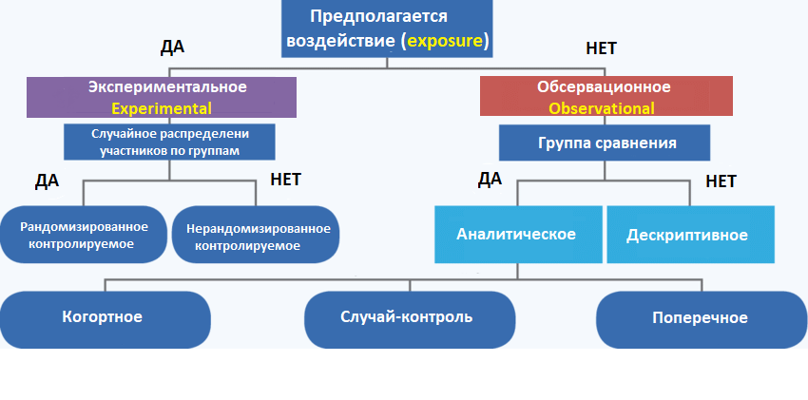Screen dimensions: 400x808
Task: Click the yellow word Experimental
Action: click(161, 108)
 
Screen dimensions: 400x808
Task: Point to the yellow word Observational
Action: click(603, 108)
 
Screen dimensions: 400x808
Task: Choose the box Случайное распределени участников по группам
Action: click(169, 142)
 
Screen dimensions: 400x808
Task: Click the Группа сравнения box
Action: click(606, 143)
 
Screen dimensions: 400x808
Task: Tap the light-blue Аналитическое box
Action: click(516, 234)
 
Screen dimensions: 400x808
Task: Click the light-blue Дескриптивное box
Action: click(686, 235)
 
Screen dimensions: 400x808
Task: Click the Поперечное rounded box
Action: click(700, 317)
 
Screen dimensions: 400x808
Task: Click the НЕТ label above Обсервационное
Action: click(606, 48)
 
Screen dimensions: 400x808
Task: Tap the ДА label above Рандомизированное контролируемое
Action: click(48, 181)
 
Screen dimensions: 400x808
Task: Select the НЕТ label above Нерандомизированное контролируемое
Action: click(286, 179)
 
